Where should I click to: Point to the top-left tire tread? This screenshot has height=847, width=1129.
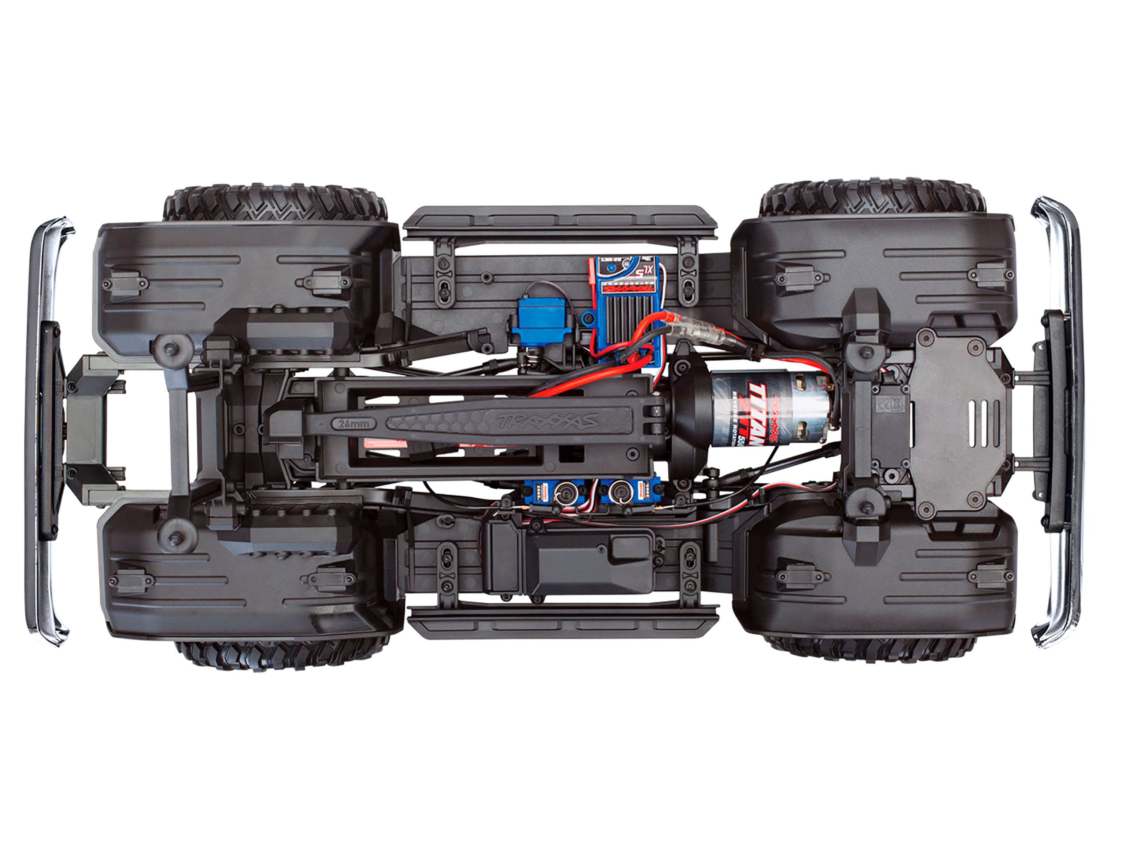pyautogui.click(x=275, y=203)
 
